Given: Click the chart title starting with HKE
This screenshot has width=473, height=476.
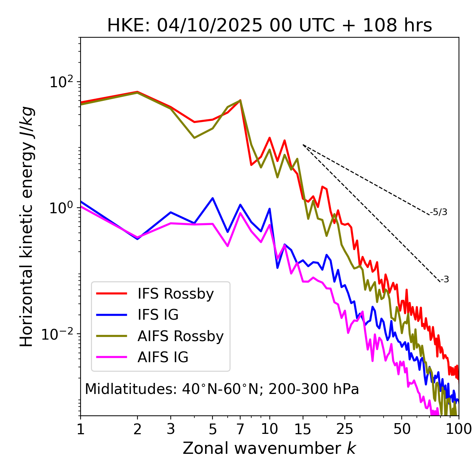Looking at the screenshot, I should [269, 26].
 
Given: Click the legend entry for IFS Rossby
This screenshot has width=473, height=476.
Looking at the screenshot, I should [176, 294].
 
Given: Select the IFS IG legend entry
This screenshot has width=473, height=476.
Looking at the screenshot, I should [158, 315].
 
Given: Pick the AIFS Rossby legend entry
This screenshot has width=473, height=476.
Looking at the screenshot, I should [180, 336].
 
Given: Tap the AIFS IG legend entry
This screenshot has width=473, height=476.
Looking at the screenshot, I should [163, 357].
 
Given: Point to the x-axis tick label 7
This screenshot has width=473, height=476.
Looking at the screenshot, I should [240, 429].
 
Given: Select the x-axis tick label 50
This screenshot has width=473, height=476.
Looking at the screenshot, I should [402, 429].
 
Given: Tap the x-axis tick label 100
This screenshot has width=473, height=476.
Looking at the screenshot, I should [459, 429].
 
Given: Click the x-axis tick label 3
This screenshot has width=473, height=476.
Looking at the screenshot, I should [171, 429].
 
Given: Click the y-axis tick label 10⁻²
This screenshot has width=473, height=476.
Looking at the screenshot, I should [59, 334].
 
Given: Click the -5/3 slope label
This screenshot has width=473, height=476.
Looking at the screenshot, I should [439, 212].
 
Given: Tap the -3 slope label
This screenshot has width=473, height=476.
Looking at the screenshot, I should [445, 280].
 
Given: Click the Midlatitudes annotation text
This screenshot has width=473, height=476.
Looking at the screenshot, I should [222, 389].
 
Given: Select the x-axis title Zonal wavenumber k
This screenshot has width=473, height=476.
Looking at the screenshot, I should [269, 448].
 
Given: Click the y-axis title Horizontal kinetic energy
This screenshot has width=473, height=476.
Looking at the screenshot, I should [27, 227].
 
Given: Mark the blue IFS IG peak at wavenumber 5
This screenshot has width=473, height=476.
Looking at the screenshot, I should [212, 198].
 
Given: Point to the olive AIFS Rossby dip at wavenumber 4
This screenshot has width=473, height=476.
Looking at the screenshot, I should [194, 138].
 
